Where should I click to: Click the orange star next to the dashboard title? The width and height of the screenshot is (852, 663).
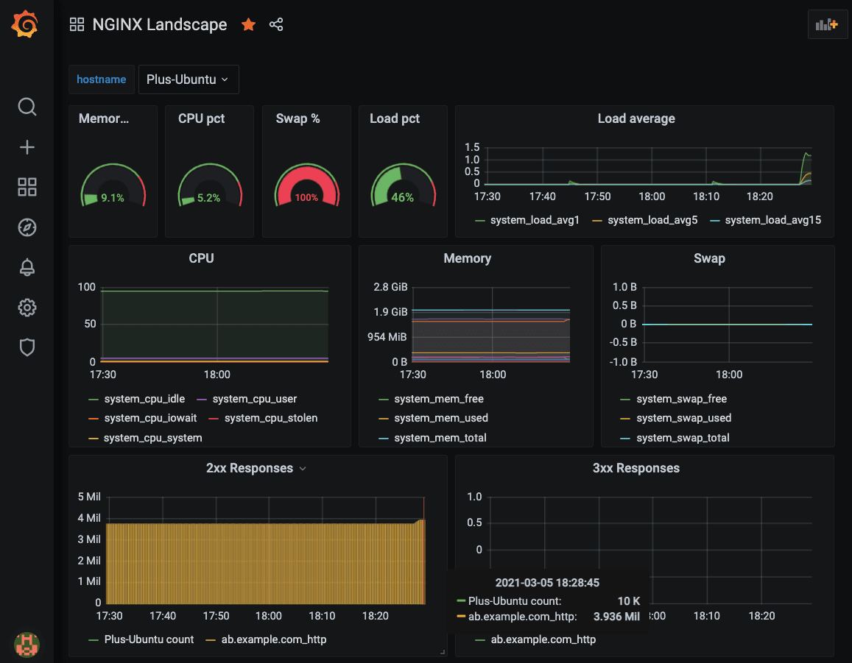pos(249,24)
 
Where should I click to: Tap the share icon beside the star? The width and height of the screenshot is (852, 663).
pos(276,24)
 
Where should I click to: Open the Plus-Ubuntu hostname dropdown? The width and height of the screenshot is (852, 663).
pos(188,79)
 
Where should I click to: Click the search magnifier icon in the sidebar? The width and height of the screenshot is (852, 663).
pos(27,107)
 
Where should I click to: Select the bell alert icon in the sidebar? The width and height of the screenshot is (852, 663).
pos(27,267)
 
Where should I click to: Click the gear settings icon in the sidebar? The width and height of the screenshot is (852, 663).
pos(27,308)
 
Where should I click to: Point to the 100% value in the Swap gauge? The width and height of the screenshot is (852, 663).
pos(306,197)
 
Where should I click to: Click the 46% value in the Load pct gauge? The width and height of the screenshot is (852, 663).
pos(402,197)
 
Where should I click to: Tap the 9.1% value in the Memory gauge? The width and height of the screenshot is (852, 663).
pos(113,197)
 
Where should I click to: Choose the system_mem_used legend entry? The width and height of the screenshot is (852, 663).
pos(440,418)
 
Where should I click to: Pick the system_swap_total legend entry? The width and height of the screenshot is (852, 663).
pos(683,438)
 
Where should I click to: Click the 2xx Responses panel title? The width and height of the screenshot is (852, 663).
pos(250,468)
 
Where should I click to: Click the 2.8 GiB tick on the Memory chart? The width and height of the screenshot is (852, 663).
pos(390,287)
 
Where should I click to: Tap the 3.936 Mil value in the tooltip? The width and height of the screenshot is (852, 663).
pos(616,617)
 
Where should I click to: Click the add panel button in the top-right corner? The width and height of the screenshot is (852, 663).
pos(827,24)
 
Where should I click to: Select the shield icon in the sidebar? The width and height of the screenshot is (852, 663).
pos(27,347)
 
